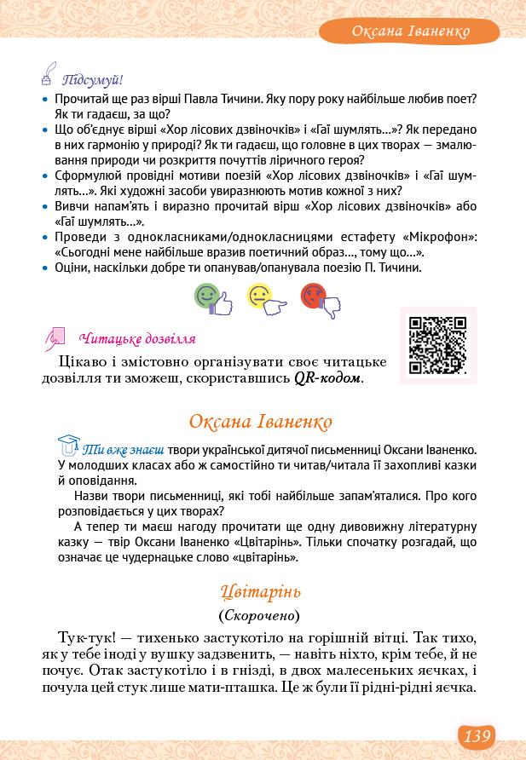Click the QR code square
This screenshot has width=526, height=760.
pyautogui.click(x=438, y=345)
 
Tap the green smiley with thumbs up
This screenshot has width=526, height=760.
pyautogui.click(x=211, y=299)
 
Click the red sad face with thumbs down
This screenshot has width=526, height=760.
pyautogui.click(x=319, y=299)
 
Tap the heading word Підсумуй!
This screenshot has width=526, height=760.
pyautogui.click(x=93, y=80)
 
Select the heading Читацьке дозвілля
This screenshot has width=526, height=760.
pyautogui.click(x=137, y=339)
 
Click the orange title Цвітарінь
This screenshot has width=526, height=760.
pyautogui.click(x=260, y=591)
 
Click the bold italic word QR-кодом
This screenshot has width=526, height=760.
pyautogui.click(x=328, y=378)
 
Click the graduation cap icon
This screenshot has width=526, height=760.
pyautogui.click(x=68, y=445)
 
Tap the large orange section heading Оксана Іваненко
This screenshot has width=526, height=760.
pyautogui.click(x=260, y=422)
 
